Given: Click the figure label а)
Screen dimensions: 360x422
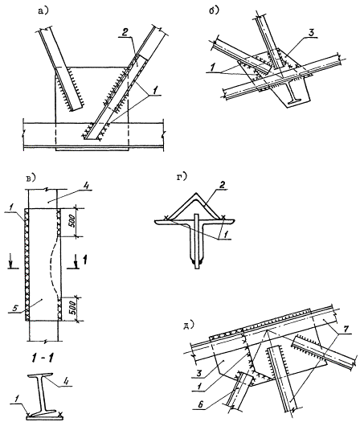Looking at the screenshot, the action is pos(44,11).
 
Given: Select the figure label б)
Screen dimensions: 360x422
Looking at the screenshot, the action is pos(215,10).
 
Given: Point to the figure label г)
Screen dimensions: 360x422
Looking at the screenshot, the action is pos(182,177).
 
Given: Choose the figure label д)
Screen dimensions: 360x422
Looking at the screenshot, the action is pos(189,326).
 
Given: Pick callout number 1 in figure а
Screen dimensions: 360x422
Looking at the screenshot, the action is pos(155,91).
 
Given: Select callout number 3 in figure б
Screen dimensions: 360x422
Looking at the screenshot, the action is pos(311,34).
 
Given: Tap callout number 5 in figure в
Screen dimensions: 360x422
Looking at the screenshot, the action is pos(15,308).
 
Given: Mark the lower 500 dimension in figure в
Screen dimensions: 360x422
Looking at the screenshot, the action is pos(72,309).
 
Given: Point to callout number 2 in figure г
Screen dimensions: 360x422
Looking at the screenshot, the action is pos(223,186).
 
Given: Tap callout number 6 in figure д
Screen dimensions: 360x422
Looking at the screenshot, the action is pos(198,404).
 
